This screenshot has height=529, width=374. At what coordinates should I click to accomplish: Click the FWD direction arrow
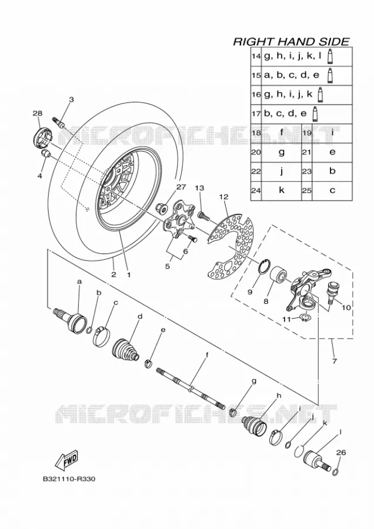(x=67, y=460)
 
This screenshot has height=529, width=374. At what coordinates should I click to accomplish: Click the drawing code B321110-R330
(x=69, y=478)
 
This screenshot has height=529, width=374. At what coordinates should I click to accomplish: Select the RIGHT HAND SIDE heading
(x=291, y=42)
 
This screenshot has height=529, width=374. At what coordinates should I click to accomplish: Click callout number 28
(x=37, y=113)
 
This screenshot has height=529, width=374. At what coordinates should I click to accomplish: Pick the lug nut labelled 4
(x=46, y=154)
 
